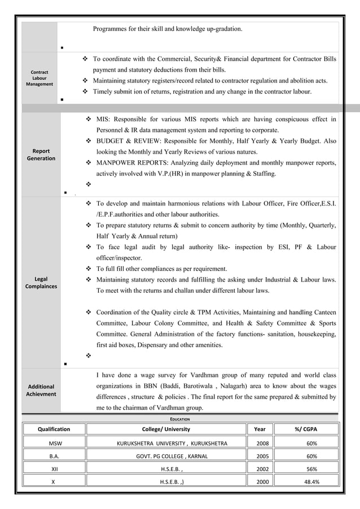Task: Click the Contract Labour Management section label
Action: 39,78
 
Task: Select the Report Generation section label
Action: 41,155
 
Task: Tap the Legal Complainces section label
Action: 41,283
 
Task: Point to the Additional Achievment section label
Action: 41,390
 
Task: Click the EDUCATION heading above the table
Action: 181,419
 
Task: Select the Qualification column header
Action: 54,429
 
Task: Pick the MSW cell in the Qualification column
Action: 55,443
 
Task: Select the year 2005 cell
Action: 263,456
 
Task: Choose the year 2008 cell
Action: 263,443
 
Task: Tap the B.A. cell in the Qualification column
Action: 55,456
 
